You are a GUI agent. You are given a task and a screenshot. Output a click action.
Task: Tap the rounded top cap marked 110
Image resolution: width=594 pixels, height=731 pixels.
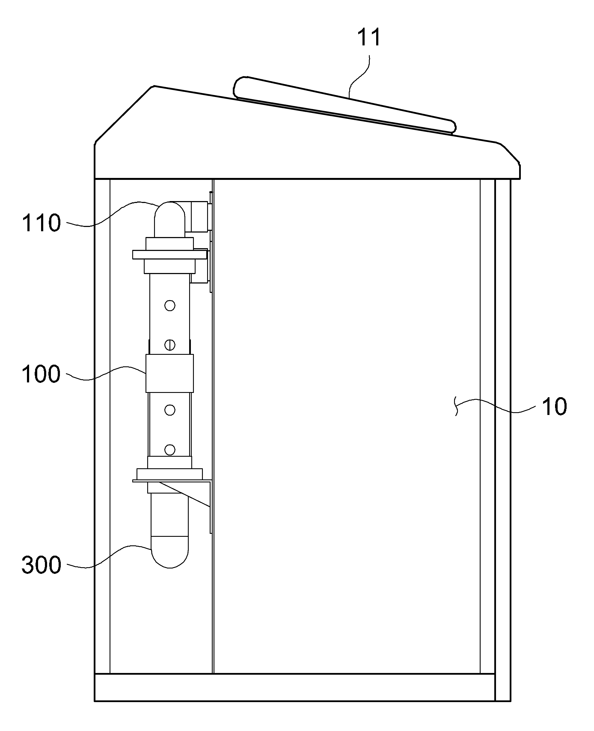tap(170, 219)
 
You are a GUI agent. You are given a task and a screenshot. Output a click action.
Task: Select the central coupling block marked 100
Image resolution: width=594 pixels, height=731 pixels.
tap(170, 373)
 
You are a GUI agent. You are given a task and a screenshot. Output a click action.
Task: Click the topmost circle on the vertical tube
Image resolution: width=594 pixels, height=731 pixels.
tap(170, 305)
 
